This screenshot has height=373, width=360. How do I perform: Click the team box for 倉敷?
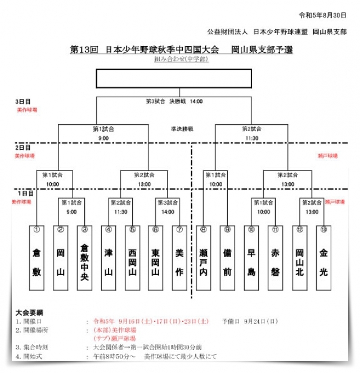click(37, 257)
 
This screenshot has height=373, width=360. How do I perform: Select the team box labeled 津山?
click(108, 257)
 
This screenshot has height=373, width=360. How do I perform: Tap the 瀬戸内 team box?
click(204, 257)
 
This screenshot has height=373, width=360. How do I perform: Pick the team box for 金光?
click(323, 257)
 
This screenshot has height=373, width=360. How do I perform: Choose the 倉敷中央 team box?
click(84, 257)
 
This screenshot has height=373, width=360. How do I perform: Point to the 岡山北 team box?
click(299, 257)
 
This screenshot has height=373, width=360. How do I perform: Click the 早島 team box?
click(251, 257)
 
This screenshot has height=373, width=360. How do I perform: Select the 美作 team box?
click(179, 257)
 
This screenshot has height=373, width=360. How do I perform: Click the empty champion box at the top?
click(181, 79)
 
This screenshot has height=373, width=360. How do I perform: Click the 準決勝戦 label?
click(182, 129)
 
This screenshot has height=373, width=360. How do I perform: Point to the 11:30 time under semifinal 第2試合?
click(252, 138)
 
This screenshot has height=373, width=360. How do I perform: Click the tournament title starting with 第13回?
click(181, 50)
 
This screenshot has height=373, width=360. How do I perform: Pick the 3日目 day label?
click(23, 102)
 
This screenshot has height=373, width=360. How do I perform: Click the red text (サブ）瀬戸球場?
click(114, 339)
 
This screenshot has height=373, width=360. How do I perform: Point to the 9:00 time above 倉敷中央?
click(71, 212)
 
